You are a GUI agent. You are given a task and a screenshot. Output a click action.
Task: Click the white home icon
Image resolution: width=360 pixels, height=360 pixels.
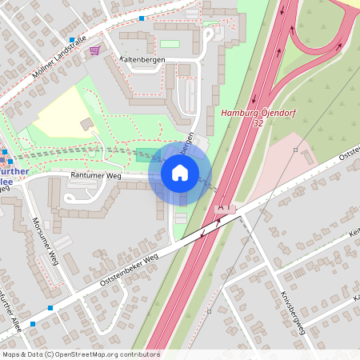pyautogui.click(x=180, y=172)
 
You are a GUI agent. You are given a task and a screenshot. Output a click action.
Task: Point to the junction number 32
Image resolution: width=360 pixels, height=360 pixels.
pyautogui.click(x=257, y=124)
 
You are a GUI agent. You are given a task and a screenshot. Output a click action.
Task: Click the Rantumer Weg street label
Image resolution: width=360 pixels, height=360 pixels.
pyautogui.click(x=95, y=176)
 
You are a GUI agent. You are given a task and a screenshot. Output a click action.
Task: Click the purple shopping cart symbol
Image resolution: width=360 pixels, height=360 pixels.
pyautogui.click(x=95, y=50)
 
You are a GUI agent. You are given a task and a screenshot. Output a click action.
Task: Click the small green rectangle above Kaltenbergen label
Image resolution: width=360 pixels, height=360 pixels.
pyautogui.click(x=170, y=43)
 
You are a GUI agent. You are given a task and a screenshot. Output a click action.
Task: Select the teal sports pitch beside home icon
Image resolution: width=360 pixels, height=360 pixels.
pyautogui.click(x=144, y=154)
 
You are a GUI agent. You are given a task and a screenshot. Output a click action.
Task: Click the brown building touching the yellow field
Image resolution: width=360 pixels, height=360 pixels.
pyautogui.click(x=86, y=124)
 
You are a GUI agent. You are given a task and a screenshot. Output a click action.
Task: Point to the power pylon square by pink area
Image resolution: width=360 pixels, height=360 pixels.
pyautogui.click(x=295, y=150)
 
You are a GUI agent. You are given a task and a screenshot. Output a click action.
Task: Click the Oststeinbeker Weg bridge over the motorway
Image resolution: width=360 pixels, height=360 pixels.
pyautogui.click(x=210, y=230)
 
